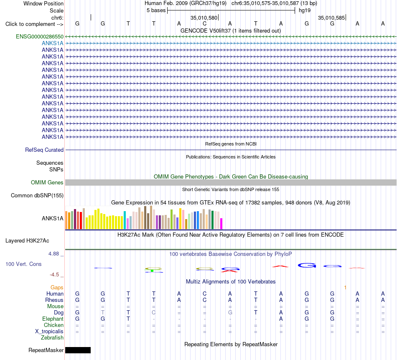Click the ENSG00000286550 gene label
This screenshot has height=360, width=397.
pos(40,36)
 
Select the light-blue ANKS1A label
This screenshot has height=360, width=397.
pos(52,43)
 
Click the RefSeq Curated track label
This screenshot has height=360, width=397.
pos(44,150)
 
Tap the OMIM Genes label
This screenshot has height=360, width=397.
pos(47,182)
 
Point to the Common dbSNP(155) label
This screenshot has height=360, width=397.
pos(37,196)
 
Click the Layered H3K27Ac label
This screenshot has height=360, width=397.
pos(27,241)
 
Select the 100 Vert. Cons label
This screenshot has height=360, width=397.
pos(23,264)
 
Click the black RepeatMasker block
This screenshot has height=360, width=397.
pos(78,350)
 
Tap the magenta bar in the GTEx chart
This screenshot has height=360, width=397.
pos(221,224)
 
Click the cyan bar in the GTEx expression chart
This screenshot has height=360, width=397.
pos(125,220)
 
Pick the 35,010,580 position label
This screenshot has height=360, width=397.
pos(204,18)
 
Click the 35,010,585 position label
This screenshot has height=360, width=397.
pos(331,18)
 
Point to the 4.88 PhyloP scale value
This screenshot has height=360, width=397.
pos(53,254)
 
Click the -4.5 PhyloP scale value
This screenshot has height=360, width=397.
pos(54,275)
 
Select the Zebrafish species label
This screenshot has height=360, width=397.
pos(52,338)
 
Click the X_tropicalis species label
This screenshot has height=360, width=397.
pos(49,332)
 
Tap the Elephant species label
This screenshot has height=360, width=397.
pos(53,319)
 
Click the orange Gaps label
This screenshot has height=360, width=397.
pos(57,287)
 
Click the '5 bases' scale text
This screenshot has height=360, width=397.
pos(156,10)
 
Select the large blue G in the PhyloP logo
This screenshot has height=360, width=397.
pos(307,265)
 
